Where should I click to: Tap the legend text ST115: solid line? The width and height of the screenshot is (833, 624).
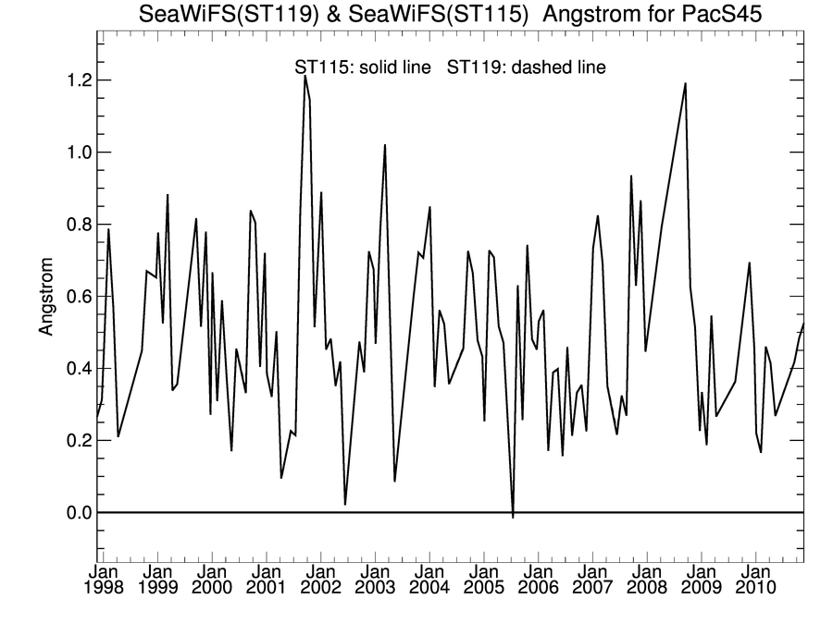(362, 67)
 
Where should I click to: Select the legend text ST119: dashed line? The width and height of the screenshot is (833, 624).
(527, 67)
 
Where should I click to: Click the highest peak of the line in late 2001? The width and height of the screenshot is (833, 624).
(305, 76)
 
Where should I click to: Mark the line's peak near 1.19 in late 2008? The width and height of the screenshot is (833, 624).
(685, 83)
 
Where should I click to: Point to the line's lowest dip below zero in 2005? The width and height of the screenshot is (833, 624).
(513, 517)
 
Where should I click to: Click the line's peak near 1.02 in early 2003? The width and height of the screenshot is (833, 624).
(384, 145)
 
